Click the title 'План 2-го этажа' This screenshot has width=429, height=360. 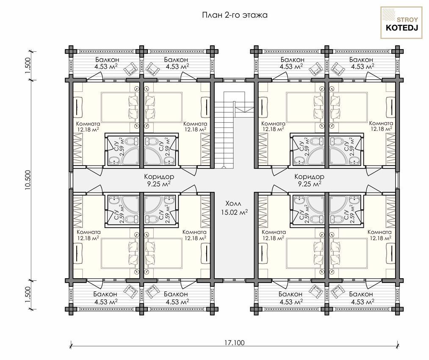point(235,15)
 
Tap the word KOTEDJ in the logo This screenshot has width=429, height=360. point(401,28)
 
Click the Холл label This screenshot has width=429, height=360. point(234,204)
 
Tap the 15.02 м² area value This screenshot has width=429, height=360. point(235,212)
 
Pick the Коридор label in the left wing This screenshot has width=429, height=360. point(159,177)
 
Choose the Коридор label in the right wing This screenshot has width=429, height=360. point(309,177)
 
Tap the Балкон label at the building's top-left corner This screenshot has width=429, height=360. point(107,60)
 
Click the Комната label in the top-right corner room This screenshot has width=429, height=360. point(381,123)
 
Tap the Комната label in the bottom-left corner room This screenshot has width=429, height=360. point(88,232)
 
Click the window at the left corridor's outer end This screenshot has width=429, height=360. point(72,180)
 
